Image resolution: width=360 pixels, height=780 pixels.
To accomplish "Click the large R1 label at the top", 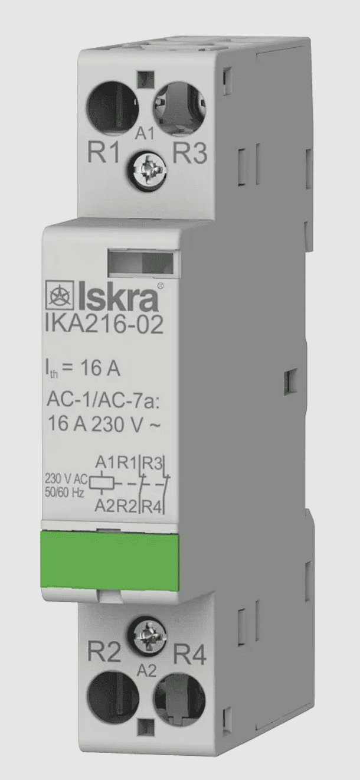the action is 103,152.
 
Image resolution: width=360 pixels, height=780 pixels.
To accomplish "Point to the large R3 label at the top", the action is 190,152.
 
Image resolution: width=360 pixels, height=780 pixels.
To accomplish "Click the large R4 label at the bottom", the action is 190,654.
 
